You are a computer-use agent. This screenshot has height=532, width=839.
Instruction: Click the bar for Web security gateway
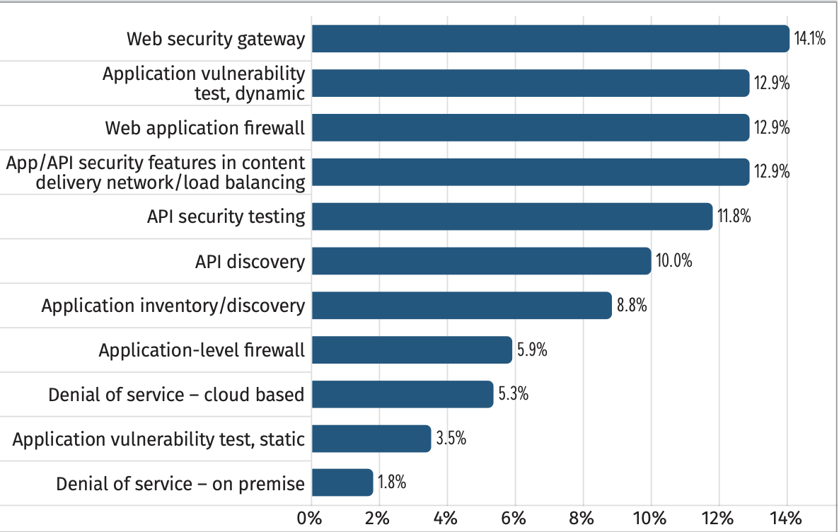pos(550,39)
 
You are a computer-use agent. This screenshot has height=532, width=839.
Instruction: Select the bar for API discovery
pos(480,261)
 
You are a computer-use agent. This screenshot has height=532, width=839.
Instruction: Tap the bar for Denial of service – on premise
pos(342,483)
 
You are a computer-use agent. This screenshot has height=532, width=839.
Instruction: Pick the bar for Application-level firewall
pos(411,350)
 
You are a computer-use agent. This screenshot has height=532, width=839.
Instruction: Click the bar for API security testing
pos(511,216)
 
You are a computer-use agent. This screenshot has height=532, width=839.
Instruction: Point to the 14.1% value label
pos(810,39)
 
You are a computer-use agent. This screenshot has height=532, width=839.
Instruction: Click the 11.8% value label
pos(734,216)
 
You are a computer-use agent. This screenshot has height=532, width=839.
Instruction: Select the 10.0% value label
pos(673,261)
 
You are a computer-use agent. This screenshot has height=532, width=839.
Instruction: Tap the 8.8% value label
pos(632,306)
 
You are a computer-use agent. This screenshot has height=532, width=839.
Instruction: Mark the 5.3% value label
pos(514,394)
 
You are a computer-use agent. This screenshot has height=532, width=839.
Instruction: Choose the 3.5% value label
pos(451,439)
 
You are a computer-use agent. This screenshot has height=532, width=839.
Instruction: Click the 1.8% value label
pos(392,483)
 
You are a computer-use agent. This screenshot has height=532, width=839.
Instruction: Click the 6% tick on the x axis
pos(514,518)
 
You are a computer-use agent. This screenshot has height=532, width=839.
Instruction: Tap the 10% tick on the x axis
pos(649,518)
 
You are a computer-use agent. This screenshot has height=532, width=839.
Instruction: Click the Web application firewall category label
pos(205,128)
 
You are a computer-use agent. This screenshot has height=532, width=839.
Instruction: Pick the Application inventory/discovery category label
pos(173,306)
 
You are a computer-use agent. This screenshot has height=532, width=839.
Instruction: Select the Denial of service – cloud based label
pos(176,394)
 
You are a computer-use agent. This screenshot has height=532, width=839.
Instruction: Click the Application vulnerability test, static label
pos(158,439)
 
